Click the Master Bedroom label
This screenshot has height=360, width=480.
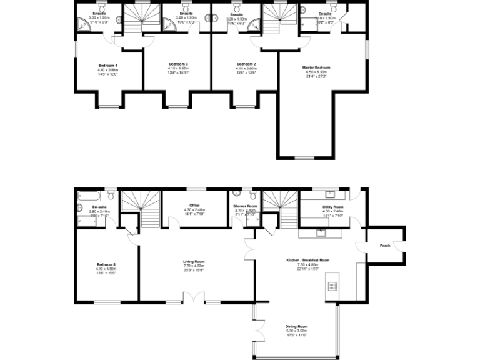pyautogui.click(x=316, y=67)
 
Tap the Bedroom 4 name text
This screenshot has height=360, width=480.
pyautogui.click(x=107, y=65)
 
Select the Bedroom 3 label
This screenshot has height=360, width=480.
pyautogui.click(x=178, y=64)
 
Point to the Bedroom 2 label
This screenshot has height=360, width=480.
pyautogui.click(x=246, y=64)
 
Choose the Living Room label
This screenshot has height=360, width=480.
pyautogui.click(x=194, y=261)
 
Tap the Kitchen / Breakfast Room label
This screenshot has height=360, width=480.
pyautogui.click(x=307, y=259)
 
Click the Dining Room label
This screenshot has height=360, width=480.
pyautogui.click(x=297, y=326)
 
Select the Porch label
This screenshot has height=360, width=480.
pyautogui.click(x=386, y=246)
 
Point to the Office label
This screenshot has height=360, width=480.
pyautogui.click(x=194, y=204)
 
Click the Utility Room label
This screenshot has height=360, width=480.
pyautogui.click(x=332, y=206)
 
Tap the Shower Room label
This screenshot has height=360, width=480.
pyautogui.click(x=245, y=206)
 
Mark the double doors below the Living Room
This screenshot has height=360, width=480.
pyautogui.click(x=194, y=301)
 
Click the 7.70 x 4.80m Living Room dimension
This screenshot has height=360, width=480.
pyautogui.click(x=194, y=266)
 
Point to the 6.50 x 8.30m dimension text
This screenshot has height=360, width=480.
pyautogui.click(x=316, y=72)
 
